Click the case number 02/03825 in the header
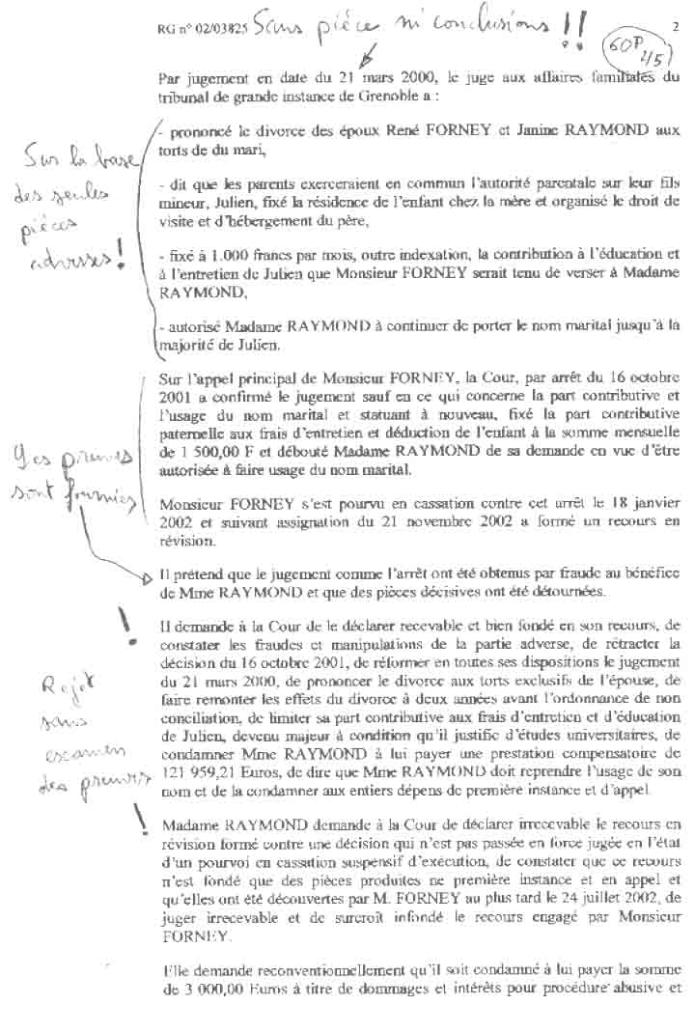pos(221,30)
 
